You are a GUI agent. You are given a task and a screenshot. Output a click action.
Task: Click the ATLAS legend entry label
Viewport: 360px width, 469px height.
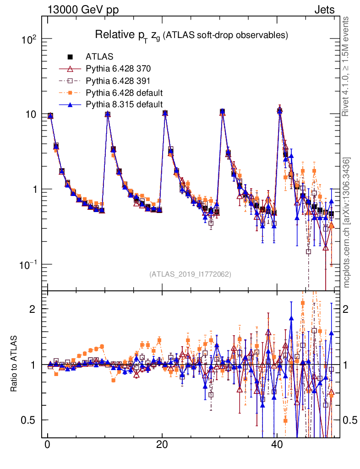tap(99, 57)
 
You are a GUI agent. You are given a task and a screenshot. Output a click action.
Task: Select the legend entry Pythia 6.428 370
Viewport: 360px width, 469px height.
tap(118, 69)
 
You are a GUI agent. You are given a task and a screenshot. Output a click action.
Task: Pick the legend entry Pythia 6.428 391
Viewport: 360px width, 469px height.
tap(118, 81)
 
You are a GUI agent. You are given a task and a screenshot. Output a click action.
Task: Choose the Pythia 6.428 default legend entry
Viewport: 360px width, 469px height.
tap(124, 93)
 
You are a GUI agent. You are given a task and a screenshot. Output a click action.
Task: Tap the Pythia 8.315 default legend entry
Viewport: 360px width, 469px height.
tap(124, 104)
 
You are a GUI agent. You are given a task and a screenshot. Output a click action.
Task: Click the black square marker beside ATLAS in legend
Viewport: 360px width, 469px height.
tap(71, 57)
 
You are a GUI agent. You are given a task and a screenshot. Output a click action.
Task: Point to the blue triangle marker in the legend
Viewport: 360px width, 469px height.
tap(71, 104)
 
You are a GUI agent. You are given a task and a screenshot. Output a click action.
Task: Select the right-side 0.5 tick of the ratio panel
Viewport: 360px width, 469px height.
tap(350, 420)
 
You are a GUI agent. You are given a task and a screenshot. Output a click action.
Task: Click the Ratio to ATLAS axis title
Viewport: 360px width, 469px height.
tap(14, 365)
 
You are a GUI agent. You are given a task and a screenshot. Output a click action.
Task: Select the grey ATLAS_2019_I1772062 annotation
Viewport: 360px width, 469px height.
tap(190, 274)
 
